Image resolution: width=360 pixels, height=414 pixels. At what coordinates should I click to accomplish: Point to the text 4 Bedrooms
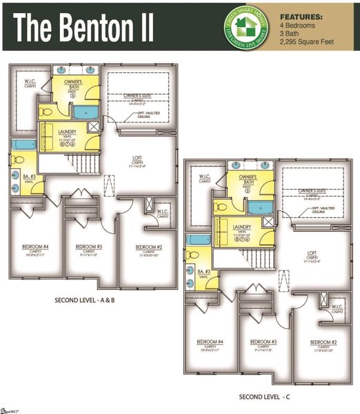[x=298, y=25]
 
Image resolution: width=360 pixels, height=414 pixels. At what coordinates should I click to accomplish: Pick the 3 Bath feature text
[x=291, y=34]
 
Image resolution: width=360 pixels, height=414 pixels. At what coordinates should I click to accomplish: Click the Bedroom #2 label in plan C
[x=323, y=342]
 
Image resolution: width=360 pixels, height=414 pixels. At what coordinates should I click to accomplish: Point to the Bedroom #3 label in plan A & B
[x=89, y=246]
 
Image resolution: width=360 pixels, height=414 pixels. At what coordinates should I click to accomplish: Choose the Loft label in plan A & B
[x=137, y=158]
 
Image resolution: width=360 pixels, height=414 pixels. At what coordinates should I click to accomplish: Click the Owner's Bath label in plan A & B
[x=74, y=83]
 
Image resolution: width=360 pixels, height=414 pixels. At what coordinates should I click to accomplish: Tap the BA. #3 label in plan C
[x=203, y=272]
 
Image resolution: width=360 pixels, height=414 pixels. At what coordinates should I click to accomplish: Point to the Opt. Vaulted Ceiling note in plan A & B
[x=145, y=113]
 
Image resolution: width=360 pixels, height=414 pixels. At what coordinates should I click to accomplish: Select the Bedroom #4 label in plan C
[x=210, y=342]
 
